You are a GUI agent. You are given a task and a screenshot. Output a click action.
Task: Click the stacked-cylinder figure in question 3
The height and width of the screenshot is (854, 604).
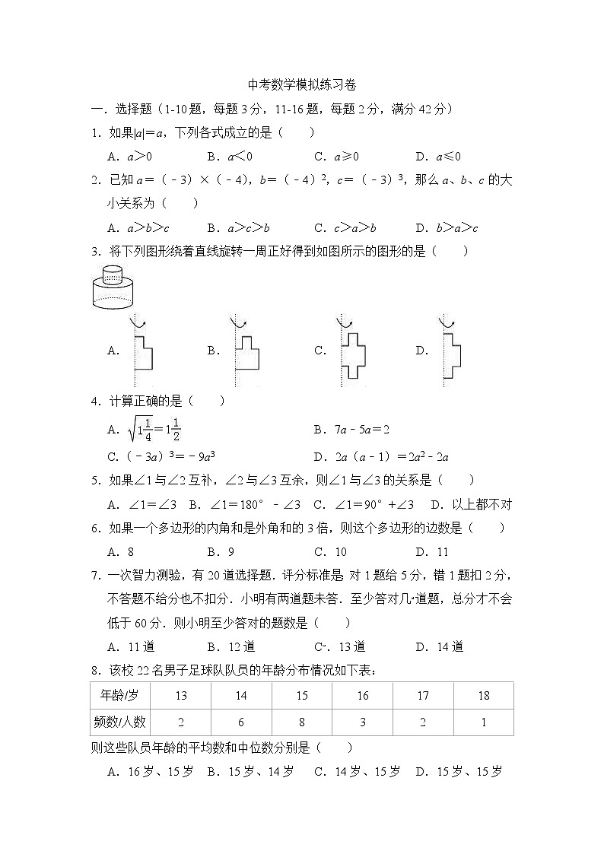(x=112, y=285)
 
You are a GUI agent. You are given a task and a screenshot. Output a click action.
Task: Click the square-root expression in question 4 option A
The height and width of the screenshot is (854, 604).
(x=154, y=429)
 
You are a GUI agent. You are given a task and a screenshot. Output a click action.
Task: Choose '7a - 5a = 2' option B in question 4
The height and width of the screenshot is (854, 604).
(x=351, y=430)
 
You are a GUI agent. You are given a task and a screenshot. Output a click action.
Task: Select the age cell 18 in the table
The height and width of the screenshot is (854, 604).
(x=484, y=696)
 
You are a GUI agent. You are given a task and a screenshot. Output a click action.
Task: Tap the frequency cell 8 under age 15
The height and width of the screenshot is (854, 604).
(x=302, y=722)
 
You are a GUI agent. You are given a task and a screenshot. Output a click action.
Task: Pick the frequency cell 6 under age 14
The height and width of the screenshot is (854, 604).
(x=241, y=722)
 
